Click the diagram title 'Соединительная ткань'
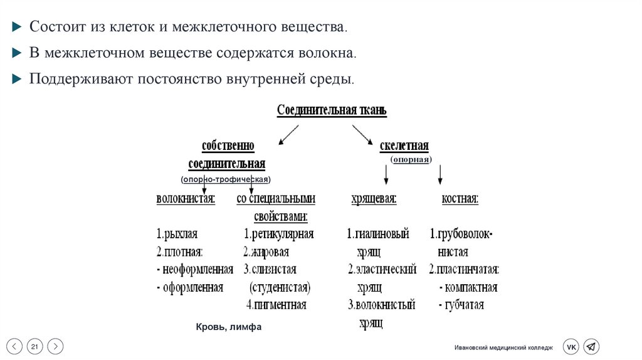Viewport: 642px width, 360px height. click(332, 111)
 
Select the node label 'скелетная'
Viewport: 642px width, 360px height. click(404, 146)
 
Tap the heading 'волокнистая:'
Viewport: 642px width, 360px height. click(186, 199)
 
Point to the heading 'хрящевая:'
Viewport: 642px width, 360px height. click(374, 199)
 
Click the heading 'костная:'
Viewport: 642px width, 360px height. click(460, 199)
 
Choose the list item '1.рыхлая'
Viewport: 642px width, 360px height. click(177, 235)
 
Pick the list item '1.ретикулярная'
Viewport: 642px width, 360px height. click(278, 235)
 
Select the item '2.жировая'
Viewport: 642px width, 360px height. click(266, 252)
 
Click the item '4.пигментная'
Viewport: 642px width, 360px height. click(276, 305)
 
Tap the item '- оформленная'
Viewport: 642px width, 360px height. click(190, 288)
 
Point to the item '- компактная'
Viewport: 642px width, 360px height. click(468, 288)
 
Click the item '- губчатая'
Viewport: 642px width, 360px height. click(461, 305)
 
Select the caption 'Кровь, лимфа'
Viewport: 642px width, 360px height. click(228, 327)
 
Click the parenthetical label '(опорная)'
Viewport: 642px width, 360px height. click(411, 159)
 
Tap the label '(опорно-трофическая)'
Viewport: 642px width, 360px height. click(225, 179)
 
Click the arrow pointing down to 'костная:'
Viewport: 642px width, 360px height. click(441, 174)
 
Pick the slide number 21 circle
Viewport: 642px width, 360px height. click(35, 346)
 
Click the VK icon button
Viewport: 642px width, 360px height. click(571, 346)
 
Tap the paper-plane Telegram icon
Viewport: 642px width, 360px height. click(591, 346)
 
